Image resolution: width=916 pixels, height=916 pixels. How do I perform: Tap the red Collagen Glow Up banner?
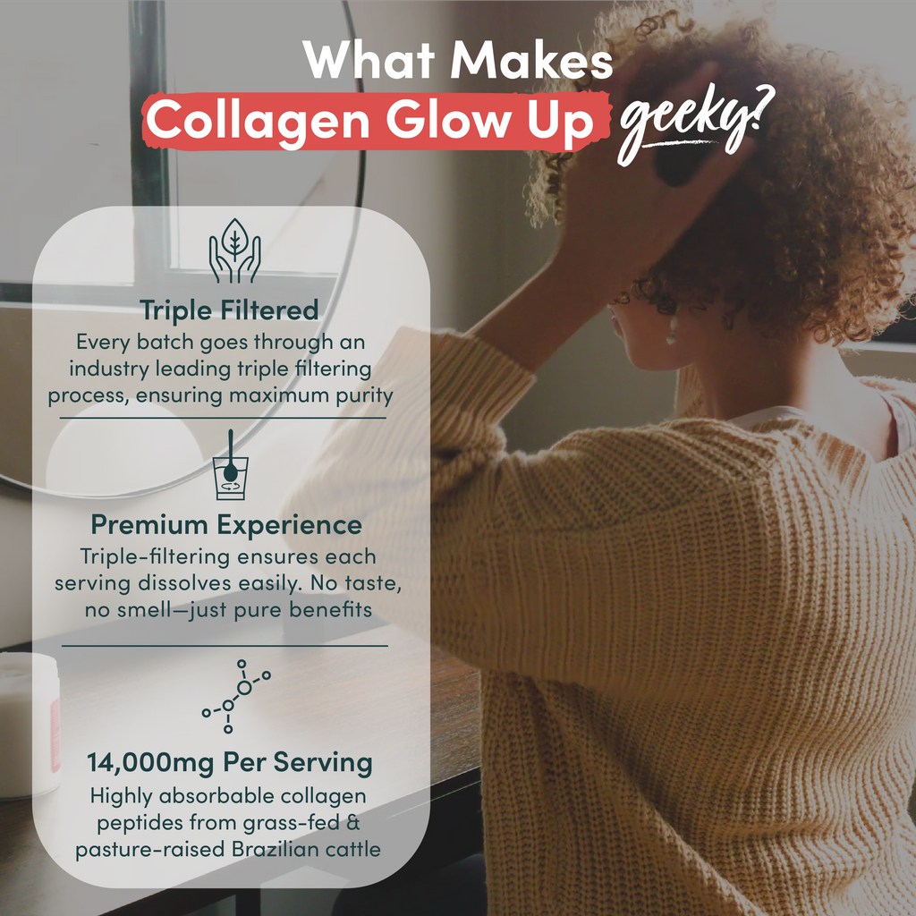[376, 121]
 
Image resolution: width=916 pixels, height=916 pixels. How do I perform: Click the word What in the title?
[369, 60]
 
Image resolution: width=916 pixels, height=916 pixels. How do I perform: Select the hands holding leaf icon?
[235, 250]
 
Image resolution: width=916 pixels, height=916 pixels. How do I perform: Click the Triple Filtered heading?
[229, 310]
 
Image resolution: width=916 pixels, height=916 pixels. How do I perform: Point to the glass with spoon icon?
[231, 465]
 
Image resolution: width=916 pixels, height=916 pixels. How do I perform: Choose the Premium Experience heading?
[226, 524]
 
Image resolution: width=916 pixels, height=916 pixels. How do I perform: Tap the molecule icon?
[236, 696]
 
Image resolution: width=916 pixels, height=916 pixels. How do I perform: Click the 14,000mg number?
[150, 763]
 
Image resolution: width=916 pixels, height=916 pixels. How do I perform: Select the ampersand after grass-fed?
[352, 823]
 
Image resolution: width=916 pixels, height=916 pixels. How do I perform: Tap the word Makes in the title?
[531, 60]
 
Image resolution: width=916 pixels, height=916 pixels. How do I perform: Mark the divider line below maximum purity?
[223, 419]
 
